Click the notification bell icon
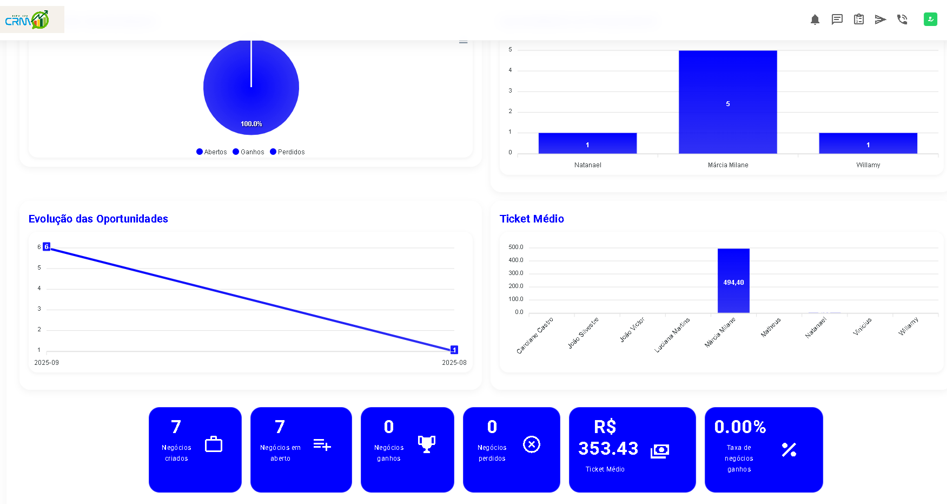click(x=815, y=20)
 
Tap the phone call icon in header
click(x=902, y=20)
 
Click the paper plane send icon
click(x=880, y=20)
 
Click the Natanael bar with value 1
click(x=587, y=143)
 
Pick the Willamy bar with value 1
click(x=867, y=143)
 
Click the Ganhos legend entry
click(x=248, y=152)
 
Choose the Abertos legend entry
click(x=211, y=152)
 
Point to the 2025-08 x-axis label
click(x=454, y=363)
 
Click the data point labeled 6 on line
click(x=47, y=247)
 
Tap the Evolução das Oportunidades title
click(x=98, y=219)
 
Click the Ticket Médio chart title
click(x=532, y=219)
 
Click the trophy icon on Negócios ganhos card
click(x=427, y=444)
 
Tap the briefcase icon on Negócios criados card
click(x=214, y=444)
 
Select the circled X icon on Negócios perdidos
click(x=532, y=444)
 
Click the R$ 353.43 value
click(x=608, y=438)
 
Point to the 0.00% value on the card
click(x=740, y=427)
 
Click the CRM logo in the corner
click(x=27, y=20)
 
